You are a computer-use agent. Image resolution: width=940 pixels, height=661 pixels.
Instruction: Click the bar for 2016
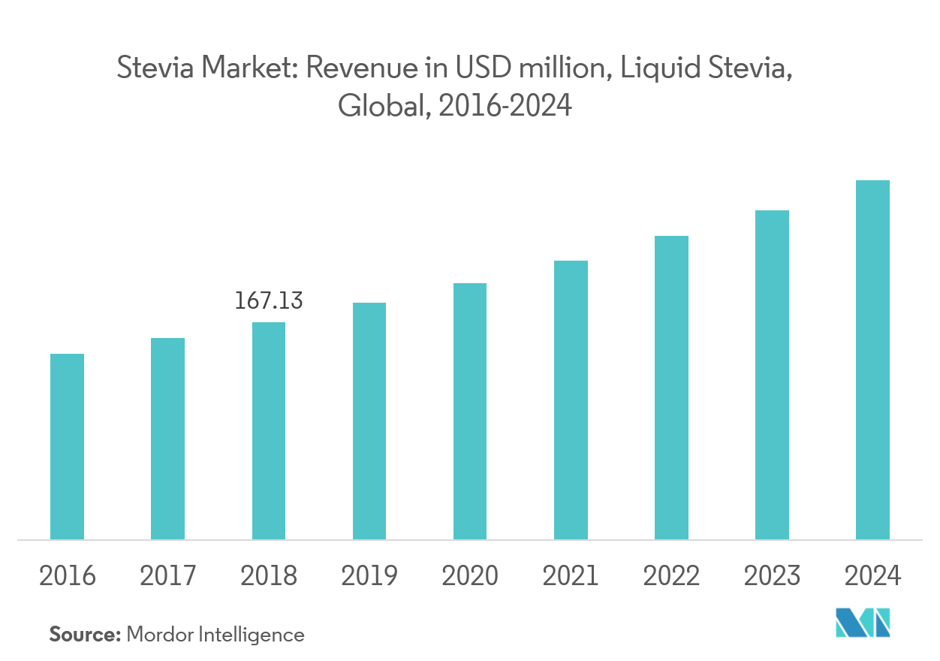point(67,446)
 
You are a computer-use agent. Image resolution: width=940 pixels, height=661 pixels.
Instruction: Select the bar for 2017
point(167,439)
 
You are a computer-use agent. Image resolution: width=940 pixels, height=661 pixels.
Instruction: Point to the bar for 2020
point(469,411)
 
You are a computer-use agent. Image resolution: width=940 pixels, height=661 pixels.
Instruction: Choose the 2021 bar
point(571,400)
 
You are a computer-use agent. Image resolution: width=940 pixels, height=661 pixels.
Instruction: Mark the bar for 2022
point(671,388)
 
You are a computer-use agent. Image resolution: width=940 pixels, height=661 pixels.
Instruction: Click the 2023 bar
point(772,375)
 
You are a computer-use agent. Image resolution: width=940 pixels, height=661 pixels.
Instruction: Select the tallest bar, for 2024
point(872,360)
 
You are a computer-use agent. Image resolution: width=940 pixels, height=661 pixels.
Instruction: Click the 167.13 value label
point(268,301)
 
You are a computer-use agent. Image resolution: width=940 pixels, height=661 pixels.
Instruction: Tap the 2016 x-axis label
point(67,576)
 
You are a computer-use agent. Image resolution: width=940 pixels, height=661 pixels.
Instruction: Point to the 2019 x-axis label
point(369,576)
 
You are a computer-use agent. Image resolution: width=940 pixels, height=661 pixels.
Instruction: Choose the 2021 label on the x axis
point(571,576)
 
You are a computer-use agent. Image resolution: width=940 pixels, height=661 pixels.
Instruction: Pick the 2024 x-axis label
point(872,576)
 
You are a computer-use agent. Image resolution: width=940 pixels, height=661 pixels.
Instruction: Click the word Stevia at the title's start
point(149,70)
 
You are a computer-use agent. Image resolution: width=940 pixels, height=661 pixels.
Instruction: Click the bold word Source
point(85,635)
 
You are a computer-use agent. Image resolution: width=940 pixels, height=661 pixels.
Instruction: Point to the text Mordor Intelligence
point(215,635)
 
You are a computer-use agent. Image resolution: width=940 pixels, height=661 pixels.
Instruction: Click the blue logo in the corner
point(863,623)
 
